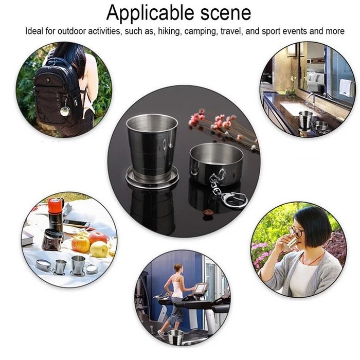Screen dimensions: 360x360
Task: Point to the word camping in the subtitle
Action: point(202,31)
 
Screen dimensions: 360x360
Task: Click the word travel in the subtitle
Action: point(231,31)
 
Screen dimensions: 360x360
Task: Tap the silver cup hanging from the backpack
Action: point(65,111)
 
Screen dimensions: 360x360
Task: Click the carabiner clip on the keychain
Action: point(234,198)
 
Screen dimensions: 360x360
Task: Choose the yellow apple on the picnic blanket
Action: point(99,249)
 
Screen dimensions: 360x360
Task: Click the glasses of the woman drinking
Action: point(296,232)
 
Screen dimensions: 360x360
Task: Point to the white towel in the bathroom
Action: point(346,87)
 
